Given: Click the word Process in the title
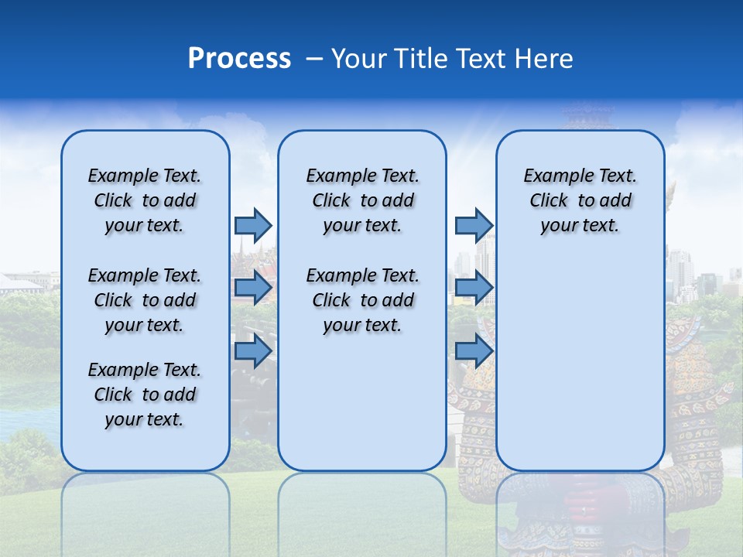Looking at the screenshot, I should [x=239, y=59].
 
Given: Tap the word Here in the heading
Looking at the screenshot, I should [x=546, y=59].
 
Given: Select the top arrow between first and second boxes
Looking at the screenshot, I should [x=253, y=225].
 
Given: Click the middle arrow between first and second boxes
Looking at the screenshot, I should [x=253, y=288].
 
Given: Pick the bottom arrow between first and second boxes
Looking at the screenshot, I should [x=253, y=351].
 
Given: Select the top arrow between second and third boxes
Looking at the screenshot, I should [x=474, y=225].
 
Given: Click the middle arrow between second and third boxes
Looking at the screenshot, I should [x=474, y=288].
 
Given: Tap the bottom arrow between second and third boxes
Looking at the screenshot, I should [x=474, y=351].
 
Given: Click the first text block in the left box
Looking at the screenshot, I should [x=145, y=200].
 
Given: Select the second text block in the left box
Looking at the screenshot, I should [x=145, y=300].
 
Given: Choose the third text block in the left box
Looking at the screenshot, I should [x=145, y=395].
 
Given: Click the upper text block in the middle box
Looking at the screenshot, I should [x=362, y=200].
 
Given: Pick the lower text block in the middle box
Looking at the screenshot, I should [x=362, y=300].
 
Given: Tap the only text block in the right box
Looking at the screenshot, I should [x=580, y=200].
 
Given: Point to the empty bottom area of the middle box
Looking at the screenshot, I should [x=362, y=402].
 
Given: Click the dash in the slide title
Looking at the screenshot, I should [x=315, y=59].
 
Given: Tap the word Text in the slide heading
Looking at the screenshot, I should [x=479, y=59].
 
